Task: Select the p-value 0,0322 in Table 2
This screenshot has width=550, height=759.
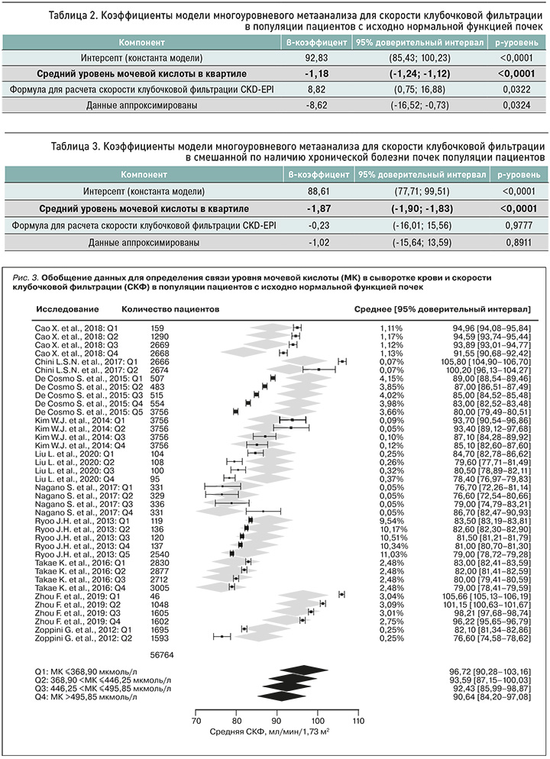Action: [515, 89]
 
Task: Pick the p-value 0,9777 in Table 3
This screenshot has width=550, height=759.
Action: [515, 226]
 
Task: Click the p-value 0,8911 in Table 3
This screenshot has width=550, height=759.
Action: [515, 242]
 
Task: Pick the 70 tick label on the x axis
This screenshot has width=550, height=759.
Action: [195, 720]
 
